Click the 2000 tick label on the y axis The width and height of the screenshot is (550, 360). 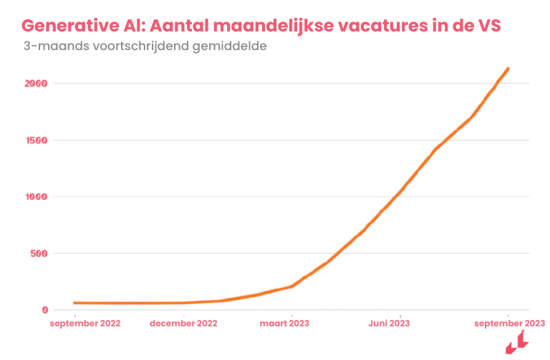[x=34, y=84]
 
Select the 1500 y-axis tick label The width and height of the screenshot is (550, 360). [x=34, y=140]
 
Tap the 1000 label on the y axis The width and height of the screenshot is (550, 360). [x=34, y=197]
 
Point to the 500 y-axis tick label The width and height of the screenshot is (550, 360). [x=37, y=253]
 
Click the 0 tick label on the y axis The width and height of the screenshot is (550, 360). [x=44, y=310]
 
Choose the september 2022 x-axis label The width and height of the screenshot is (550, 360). [x=85, y=323]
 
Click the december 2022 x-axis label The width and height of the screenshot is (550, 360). [x=184, y=323]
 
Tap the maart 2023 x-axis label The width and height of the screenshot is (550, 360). [x=285, y=323]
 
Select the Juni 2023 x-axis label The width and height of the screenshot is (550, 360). [x=389, y=323]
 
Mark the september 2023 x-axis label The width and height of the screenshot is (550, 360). [x=510, y=323]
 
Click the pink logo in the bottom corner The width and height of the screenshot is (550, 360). [x=516, y=346]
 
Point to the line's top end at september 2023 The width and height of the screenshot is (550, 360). [x=508, y=69]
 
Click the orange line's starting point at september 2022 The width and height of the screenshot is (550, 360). [x=74, y=303]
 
